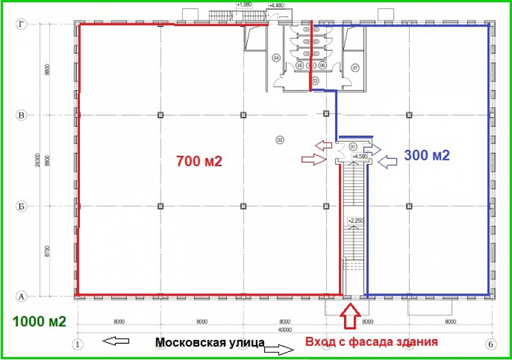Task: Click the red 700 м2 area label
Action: pyautogui.click(x=200, y=161)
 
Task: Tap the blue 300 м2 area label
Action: pyautogui.click(x=427, y=155)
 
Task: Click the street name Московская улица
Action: pyautogui.click(x=210, y=343)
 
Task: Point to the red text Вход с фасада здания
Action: pyautogui.click(x=371, y=342)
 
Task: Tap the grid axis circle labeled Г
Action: pyautogui.click(x=21, y=24)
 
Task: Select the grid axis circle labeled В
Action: pyautogui.click(x=21, y=115)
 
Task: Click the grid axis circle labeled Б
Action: pyautogui.click(x=21, y=205)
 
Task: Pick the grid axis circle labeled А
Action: pyautogui.click(x=21, y=296)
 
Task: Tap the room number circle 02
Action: pyautogui.click(x=280, y=140)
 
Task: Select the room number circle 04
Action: pyautogui.click(x=275, y=58)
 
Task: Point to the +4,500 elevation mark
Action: pyautogui.click(x=357, y=157)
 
